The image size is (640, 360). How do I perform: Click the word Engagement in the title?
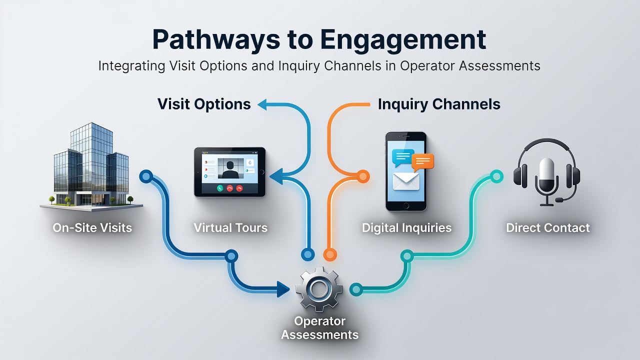pos(403,40)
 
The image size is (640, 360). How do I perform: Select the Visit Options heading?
pos(204,104)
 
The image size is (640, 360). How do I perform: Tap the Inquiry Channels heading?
pos(439,104)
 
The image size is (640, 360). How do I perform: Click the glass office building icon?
pos(91,166)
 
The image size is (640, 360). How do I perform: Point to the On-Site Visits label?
pos(92,227)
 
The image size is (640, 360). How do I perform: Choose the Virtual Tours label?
pos(230,227)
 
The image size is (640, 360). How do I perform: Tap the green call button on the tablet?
pos(219,188)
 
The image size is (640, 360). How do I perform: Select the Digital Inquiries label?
pos(406,227)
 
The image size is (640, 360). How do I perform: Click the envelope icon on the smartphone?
pos(406,181)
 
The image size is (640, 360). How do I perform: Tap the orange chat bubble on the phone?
pos(422,162)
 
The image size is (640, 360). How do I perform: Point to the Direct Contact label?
pos(547,227)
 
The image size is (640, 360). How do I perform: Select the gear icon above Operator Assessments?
pos(319,289)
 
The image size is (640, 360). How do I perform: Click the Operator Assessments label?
pos(319,327)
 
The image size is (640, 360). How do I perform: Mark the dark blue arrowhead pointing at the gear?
pos(283,289)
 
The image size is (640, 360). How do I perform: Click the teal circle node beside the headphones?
pos(496,177)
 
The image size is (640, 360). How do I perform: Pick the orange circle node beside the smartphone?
pos(363,176)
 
